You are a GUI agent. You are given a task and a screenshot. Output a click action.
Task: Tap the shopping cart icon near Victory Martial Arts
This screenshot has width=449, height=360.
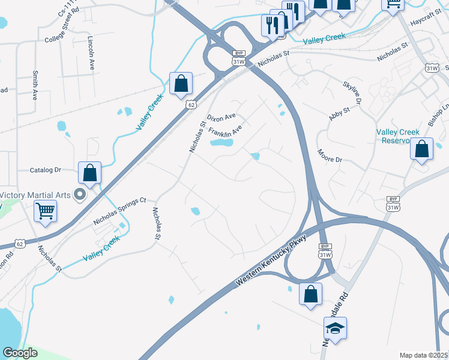[x=45, y=211]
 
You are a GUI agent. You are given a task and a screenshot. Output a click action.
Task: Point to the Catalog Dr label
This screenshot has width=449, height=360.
[x=46, y=170]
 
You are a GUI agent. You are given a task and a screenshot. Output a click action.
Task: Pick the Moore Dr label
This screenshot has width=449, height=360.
[x=330, y=156]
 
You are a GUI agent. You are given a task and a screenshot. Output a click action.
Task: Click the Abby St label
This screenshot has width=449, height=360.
[x=339, y=112]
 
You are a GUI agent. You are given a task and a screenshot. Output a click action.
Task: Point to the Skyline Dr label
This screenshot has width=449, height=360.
[x=352, y=92]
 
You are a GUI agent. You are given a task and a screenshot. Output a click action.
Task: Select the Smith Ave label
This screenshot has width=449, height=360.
[x=35, y=85]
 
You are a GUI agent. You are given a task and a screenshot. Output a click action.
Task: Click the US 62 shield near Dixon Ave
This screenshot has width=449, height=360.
[x=191, y=104]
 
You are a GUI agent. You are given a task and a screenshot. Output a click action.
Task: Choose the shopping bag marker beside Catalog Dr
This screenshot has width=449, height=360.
[x=89, y=173]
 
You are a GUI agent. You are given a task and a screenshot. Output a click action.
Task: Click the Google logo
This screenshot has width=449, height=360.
[x=20, y=353]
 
